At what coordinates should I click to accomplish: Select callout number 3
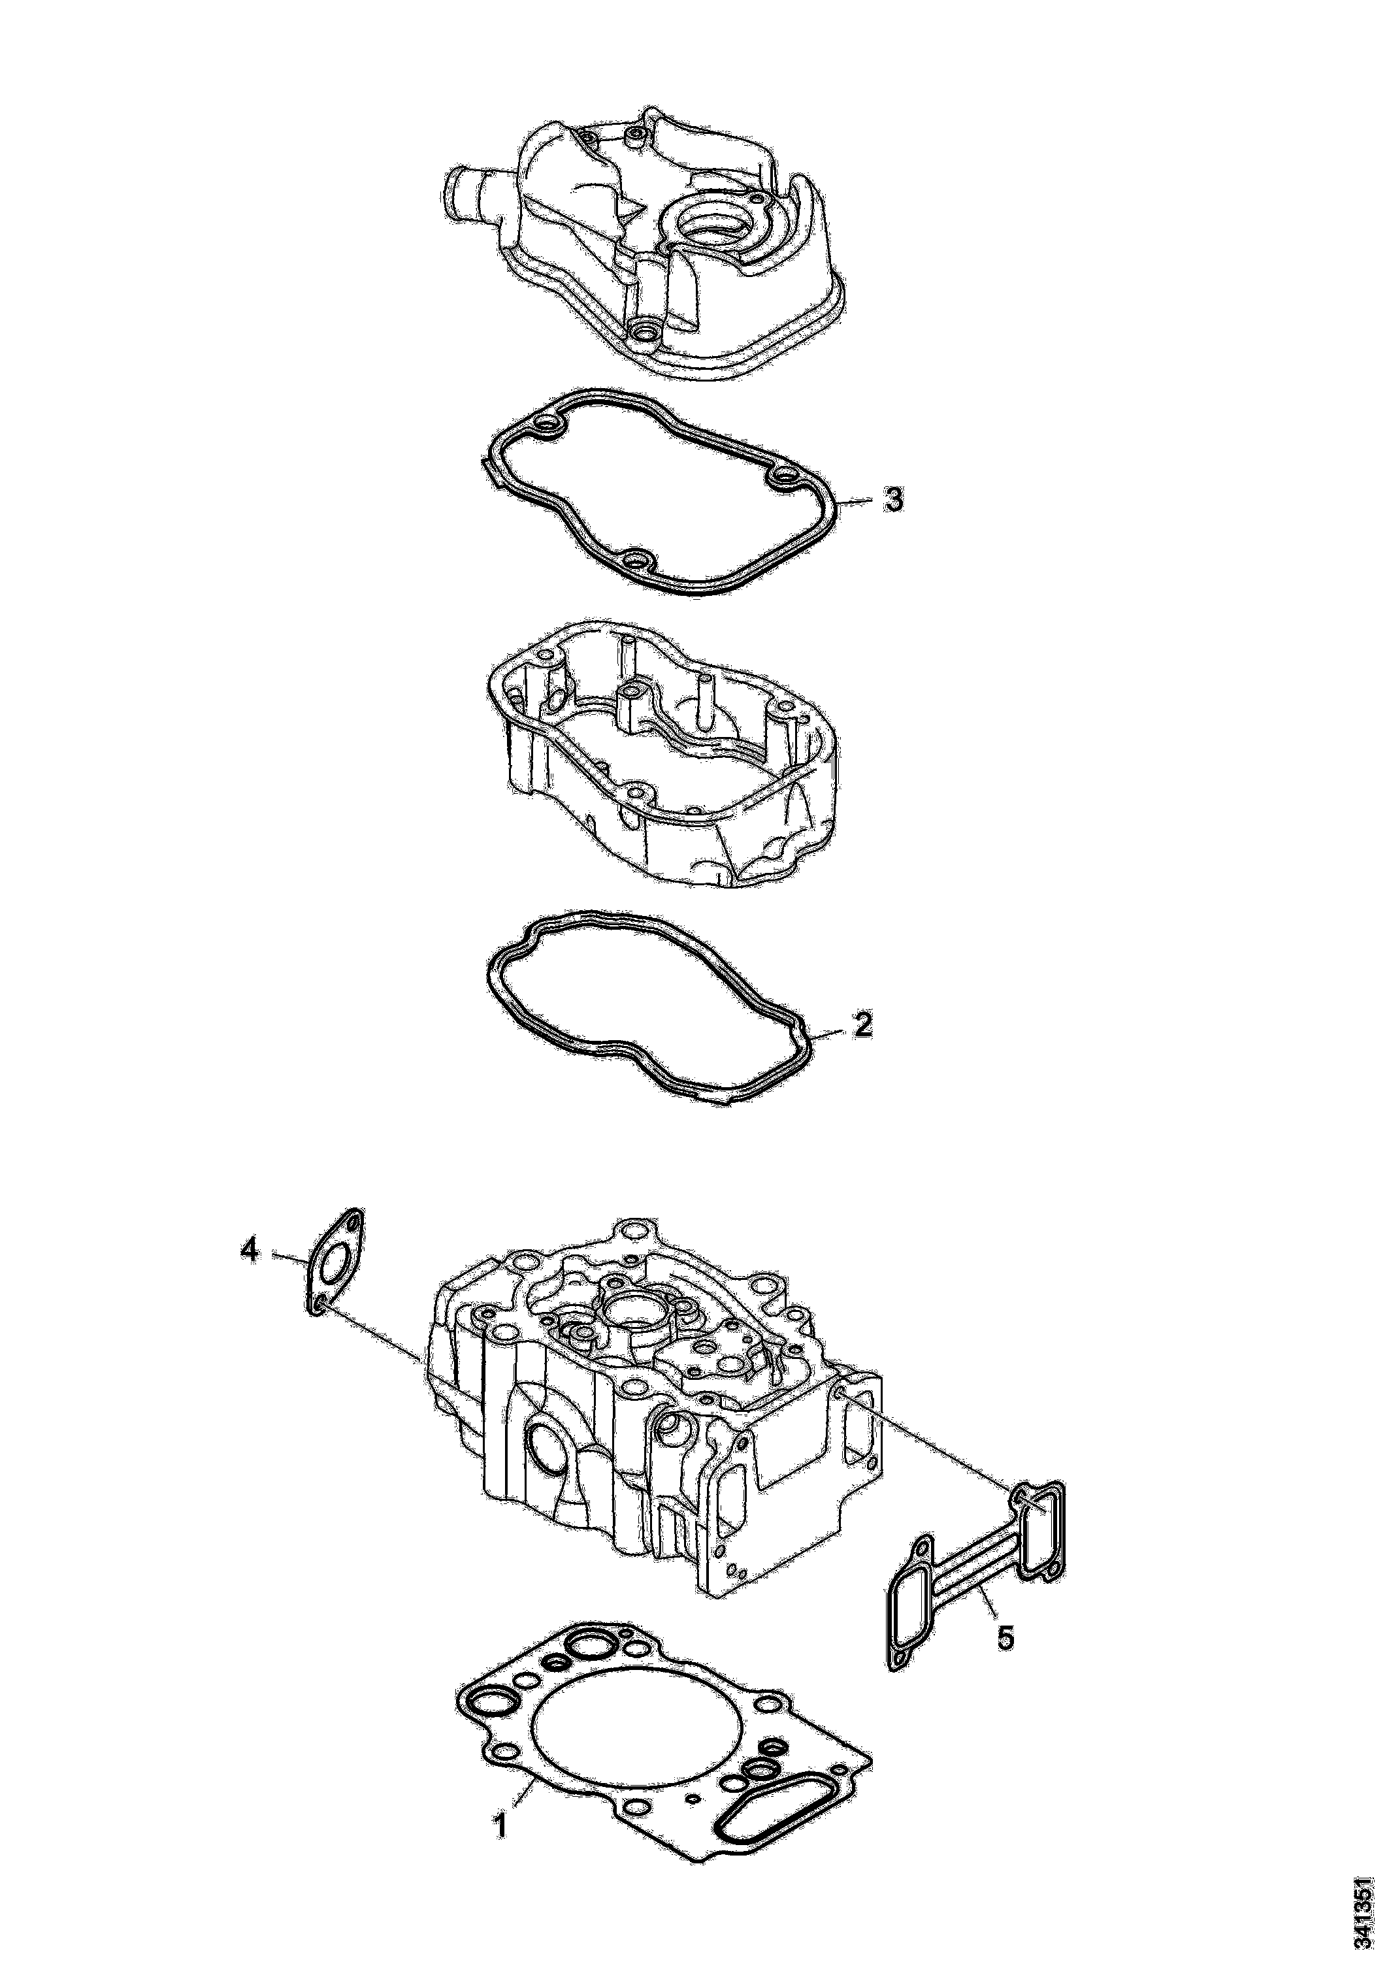coord(893,500)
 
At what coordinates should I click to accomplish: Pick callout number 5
coord(1006,1638)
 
